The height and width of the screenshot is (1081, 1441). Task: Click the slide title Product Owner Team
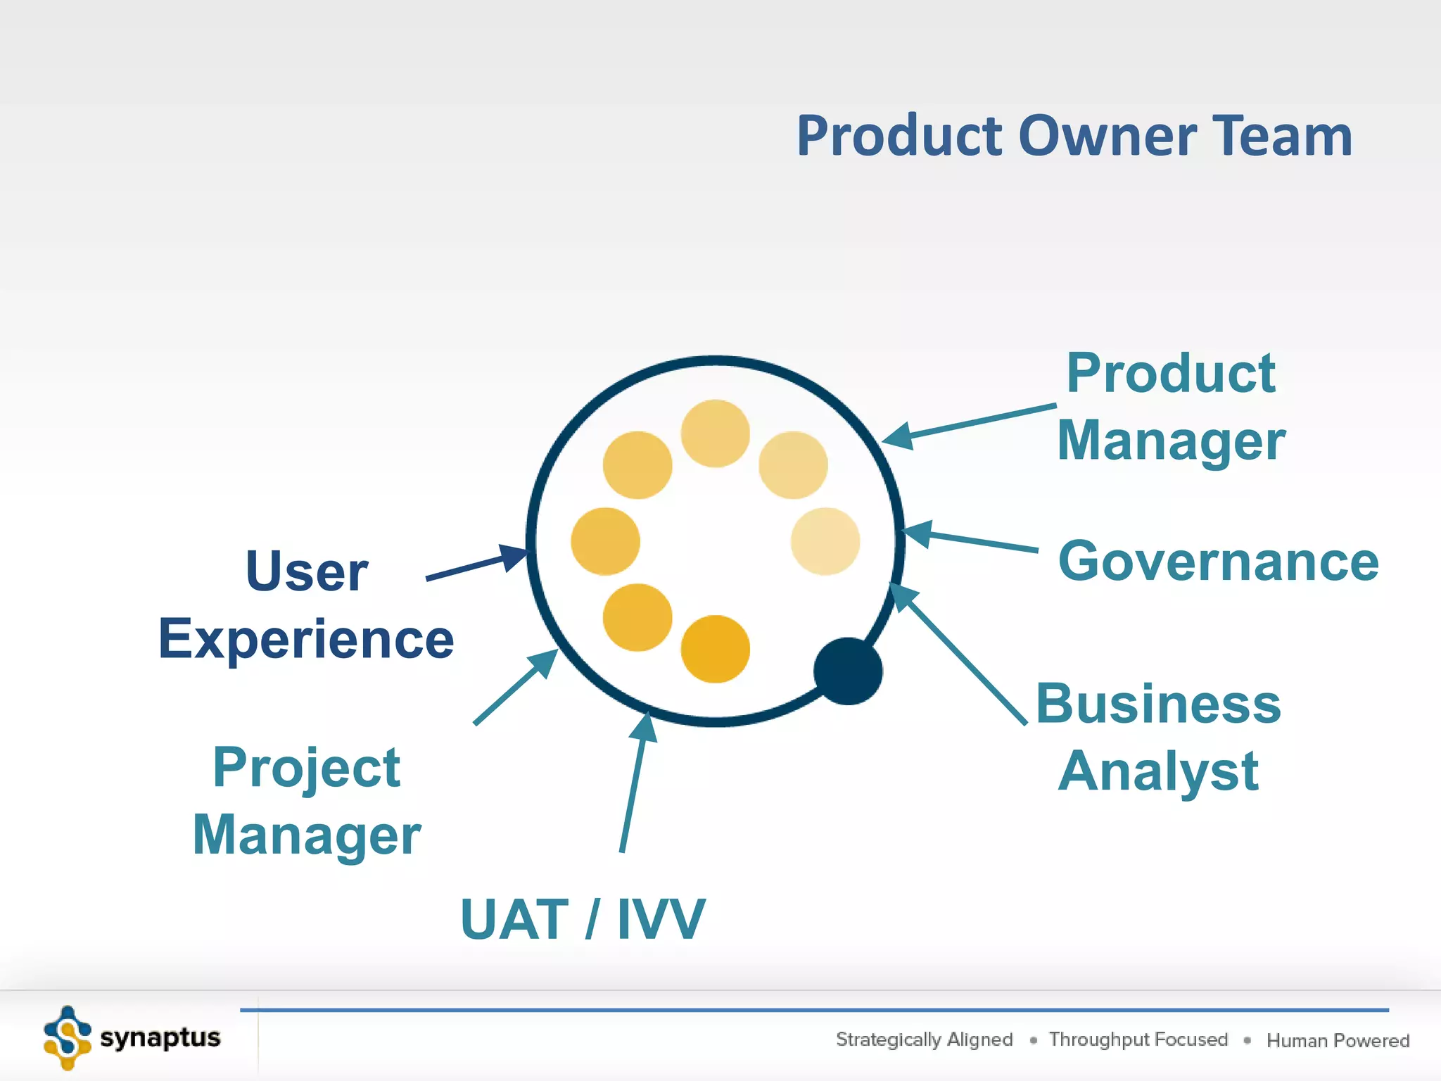pos(1074,136)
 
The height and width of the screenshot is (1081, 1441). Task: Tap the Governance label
pos(1218,562)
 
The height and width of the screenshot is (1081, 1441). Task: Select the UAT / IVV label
pos(582,919)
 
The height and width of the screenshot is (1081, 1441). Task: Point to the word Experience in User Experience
pos(306,639)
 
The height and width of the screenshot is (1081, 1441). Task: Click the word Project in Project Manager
pos(306,768)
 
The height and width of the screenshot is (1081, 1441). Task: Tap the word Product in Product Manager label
pos(1171,373)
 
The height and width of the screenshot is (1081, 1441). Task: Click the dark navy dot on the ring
pos(847,671)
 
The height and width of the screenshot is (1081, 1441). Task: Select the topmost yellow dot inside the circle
pos(715,433)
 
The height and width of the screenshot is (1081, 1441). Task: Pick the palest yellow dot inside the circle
pos(825,541)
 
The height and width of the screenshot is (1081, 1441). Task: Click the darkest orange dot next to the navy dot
pos(715,649)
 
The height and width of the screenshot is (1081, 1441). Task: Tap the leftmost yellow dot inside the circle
pos(605,541)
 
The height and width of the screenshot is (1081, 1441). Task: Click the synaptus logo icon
pos(68,1038)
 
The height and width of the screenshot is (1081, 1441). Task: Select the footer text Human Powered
pos(1338,1040)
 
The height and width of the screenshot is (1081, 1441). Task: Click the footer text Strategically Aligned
pos(924,1039)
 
